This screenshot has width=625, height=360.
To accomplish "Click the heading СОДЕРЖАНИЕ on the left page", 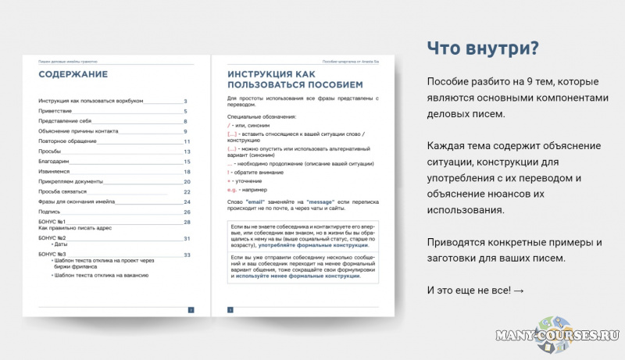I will (73, 75).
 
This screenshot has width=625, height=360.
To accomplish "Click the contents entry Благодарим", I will (55, 162).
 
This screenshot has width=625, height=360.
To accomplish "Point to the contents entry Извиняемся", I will (55, 171).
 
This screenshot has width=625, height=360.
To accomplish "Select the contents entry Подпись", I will (50, 212).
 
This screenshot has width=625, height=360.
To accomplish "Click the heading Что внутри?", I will (482, 48).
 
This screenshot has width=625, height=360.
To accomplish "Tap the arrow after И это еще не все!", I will (520, 290).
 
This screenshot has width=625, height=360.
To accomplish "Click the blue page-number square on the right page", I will (230, 310).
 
